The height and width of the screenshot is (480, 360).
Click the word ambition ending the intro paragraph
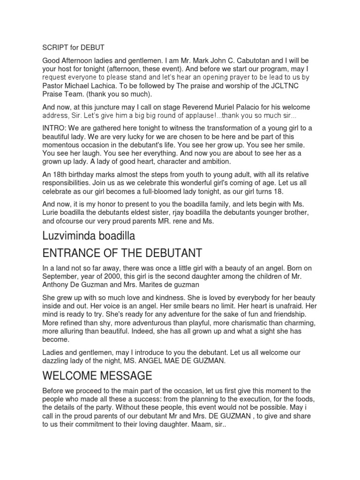click(215, 162)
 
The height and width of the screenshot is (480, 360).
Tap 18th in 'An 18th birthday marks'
click(62, 174)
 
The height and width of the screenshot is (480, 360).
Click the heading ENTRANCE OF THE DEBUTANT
click(122, 253)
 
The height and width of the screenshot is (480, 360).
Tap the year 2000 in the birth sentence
click(111, 276)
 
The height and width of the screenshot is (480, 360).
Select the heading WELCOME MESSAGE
click(97, 375)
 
